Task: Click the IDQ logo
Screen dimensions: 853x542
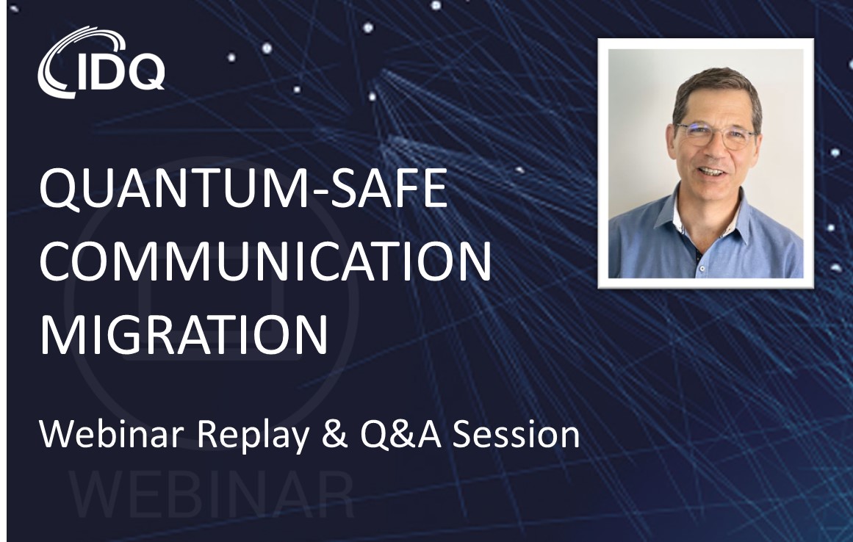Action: (x=101, y=63)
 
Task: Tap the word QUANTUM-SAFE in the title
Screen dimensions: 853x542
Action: (x=244, y=187)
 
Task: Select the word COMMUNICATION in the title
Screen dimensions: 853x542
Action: (x=265, y=261)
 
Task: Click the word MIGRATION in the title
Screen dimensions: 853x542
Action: (x=184, y=333)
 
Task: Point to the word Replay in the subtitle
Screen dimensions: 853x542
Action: (x=253, y=436)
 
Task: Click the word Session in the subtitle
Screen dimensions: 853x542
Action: (x=516, y=434)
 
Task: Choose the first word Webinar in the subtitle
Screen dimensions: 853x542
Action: (x=112, y=434)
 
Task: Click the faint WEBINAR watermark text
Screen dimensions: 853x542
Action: (x=212, y=495)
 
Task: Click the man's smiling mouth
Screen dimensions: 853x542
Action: (x=711, y=172)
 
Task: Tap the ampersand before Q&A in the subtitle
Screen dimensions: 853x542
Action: (x=335, y=434)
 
